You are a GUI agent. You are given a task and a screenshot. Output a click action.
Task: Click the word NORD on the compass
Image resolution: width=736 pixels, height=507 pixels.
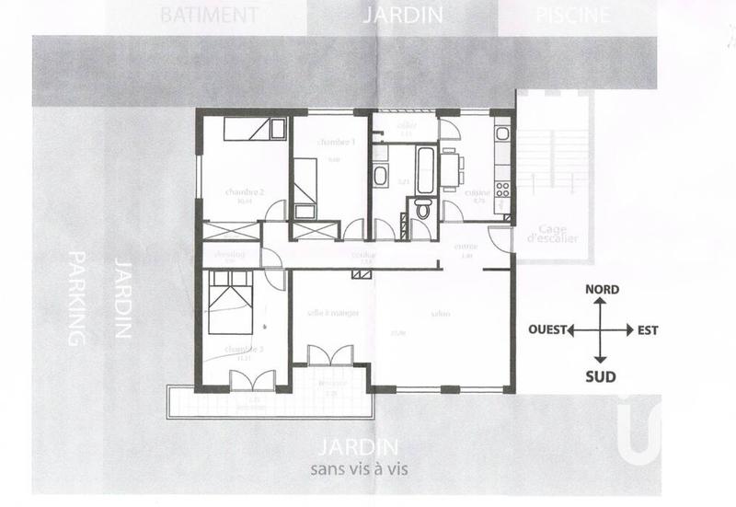602,290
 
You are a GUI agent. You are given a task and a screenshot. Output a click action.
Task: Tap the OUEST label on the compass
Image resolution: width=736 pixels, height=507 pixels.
546,329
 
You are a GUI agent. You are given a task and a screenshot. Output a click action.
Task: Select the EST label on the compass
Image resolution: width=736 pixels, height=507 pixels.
649,329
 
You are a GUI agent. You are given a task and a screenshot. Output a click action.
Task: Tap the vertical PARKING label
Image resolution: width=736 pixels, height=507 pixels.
78,299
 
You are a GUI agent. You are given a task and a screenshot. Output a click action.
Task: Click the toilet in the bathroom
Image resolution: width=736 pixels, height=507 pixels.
422,209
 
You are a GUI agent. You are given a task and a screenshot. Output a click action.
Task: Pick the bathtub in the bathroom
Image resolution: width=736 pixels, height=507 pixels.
425,170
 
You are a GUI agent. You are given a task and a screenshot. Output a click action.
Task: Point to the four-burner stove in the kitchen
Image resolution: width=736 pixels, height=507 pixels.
502,190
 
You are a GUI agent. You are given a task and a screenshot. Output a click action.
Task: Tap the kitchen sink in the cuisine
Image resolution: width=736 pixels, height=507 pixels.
501,134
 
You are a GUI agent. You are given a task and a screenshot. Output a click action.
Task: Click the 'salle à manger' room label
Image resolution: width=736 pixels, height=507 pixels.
331,314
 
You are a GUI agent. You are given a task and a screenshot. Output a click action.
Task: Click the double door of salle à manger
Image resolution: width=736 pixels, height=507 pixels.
329,357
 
